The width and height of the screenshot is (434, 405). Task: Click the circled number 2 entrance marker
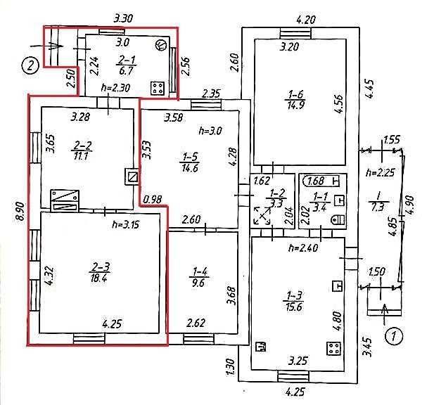(30, 66)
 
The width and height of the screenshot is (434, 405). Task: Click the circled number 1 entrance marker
(394, 337)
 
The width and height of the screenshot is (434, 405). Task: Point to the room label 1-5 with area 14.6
(191, 162)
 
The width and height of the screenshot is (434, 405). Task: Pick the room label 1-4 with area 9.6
(199, 278)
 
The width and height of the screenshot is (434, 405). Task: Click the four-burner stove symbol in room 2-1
(158, 89)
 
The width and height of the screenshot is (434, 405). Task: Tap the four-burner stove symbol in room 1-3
(333, 348)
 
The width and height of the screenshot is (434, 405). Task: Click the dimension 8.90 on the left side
(20, 212)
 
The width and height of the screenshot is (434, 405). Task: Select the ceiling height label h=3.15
(126, 225)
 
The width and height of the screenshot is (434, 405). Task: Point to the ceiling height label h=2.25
(380, 173)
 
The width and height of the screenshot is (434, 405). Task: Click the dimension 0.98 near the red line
(153, 199)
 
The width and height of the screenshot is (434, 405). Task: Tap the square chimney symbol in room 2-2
(132, 176)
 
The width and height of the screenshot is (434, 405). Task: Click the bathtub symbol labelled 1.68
(322, 181)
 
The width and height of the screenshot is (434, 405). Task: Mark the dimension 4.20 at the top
(306, 20)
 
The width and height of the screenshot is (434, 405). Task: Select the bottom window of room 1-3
(293, 376)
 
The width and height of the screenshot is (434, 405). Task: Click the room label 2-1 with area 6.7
(127, 65)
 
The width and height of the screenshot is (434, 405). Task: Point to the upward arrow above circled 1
(385, 314)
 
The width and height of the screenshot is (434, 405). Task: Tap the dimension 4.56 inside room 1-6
(339, 104)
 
